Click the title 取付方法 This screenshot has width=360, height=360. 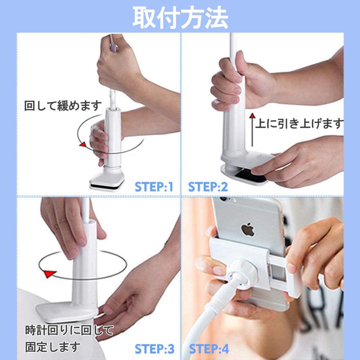click(180, 17)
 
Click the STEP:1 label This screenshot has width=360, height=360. click(154, 187)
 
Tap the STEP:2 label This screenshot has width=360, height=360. click(208, 187)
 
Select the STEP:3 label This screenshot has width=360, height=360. click(154, 349)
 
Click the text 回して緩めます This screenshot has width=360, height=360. click(63, 106)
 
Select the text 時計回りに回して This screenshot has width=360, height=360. click(69, 330)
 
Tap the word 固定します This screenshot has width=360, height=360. click(53, 346)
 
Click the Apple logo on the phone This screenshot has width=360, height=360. click(248, 230)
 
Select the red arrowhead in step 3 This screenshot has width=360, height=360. click(49, 274)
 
